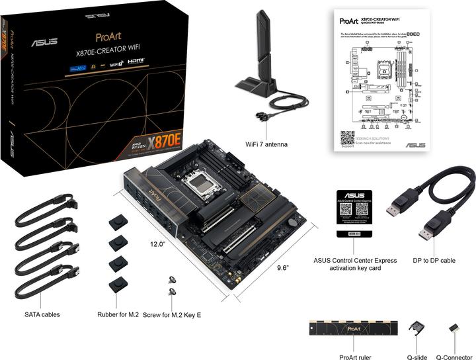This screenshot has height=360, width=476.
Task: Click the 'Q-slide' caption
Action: pyautogui.click(x=416, y=357)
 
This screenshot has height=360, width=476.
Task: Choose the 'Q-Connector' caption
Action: pyautogui.click(x=454, y=357)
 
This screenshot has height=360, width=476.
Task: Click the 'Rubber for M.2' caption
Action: pyautogui.click(x=118, y=314)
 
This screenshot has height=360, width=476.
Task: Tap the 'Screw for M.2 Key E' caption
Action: pyautogui.click(x=171, y=314)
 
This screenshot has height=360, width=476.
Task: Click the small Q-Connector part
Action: pyautogui.click(x=454, y=328)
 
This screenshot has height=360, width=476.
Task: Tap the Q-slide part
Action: pyautogui.click(x=416, y=328)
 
